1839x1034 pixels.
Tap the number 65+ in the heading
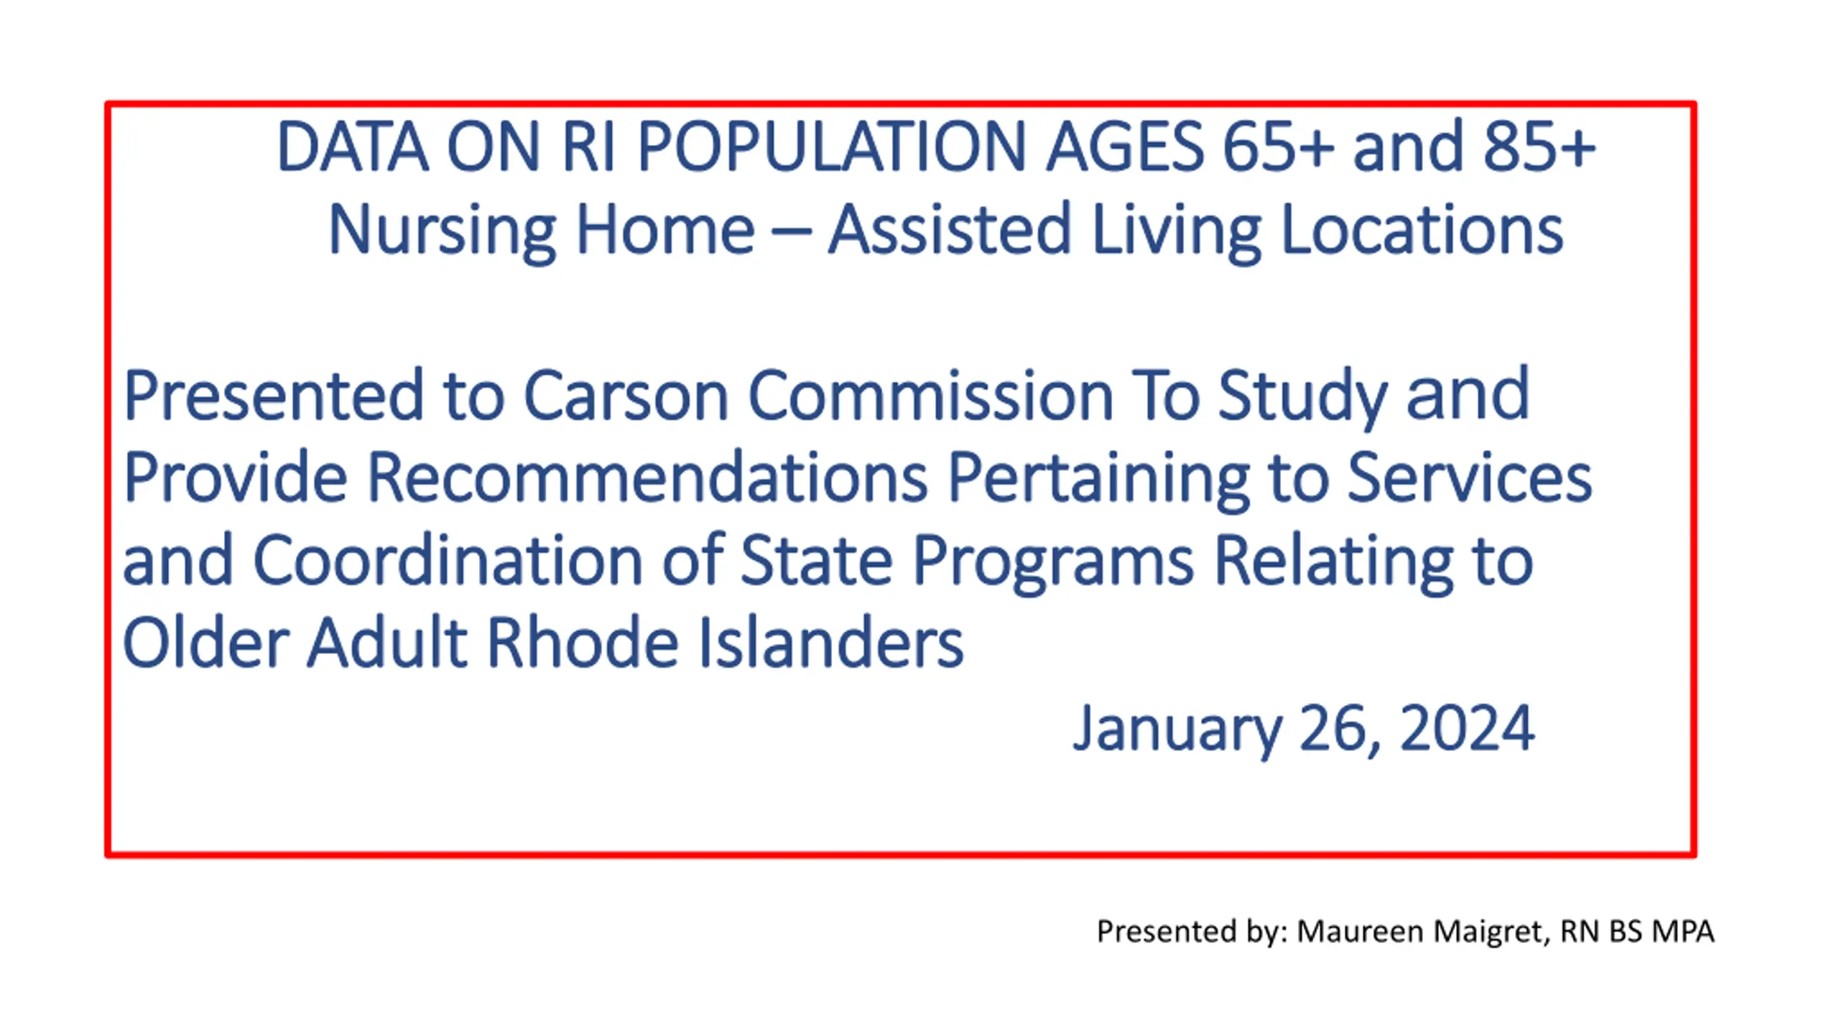1278,146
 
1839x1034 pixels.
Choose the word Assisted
950,229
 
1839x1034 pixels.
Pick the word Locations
1422,229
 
